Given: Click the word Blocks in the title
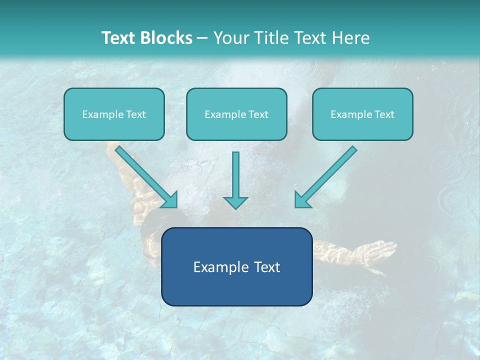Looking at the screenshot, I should pos(166,38).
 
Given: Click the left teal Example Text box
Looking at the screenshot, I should pos(114,114).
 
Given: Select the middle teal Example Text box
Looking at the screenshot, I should pos(236,114).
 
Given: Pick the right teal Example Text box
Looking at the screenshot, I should pos(362,114).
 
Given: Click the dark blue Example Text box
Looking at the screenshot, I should pos(236,266).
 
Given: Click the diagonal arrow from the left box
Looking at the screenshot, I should pos(145,175).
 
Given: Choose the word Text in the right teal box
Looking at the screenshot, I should pos(384,114).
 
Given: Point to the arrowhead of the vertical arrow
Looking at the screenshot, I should pos(235,202).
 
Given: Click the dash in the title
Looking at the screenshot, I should pos(202,38).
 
